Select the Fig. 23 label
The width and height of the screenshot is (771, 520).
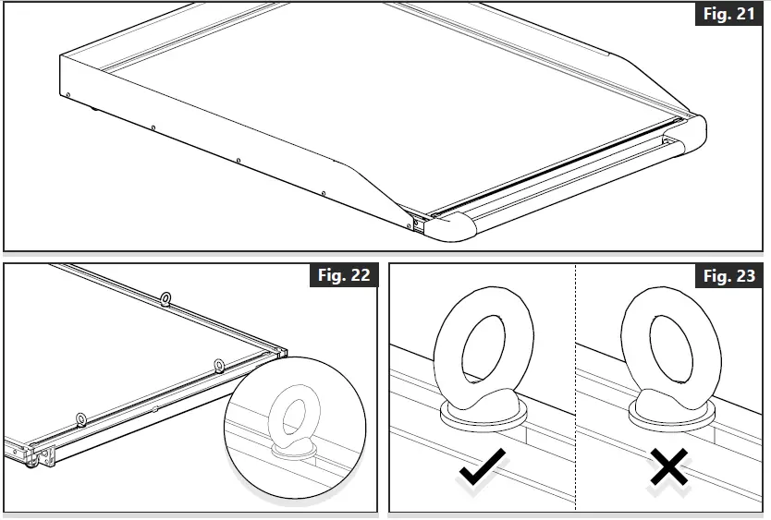tap(728, 276)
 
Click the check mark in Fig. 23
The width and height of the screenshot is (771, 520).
tap(482, 469)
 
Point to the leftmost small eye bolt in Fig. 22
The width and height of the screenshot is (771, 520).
tap(81, 420)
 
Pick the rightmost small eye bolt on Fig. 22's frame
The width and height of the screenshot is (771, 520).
tap(220, 364)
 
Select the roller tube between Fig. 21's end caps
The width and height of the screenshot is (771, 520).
tap(573, 180)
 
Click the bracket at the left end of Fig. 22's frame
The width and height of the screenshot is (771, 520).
tap(37, 453)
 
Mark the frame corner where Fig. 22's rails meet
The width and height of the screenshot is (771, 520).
tap(280, 352)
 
